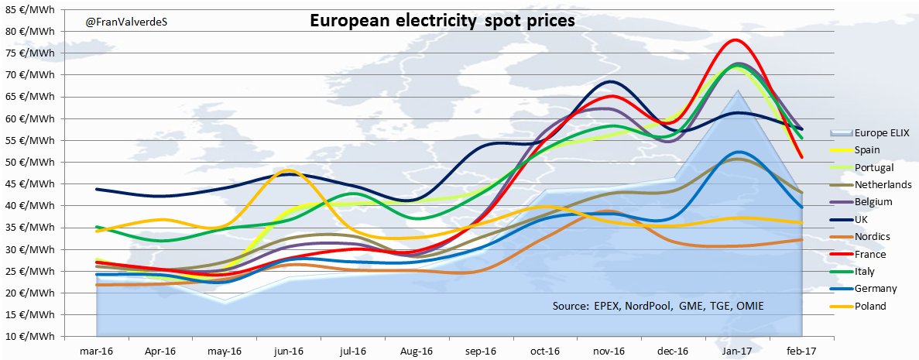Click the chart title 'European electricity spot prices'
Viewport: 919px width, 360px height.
coord(442,21)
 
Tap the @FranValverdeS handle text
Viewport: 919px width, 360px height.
coord(126,22)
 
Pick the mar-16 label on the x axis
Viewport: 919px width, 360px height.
coord(97,350)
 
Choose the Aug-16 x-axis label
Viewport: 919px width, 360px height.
coord(415,350)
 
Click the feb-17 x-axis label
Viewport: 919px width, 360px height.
coord(799,350)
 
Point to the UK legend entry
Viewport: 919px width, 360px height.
coord(860,219)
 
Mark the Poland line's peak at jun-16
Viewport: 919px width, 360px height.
coord(289,170)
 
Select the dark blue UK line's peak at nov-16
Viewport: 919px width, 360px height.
coord(612,81)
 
